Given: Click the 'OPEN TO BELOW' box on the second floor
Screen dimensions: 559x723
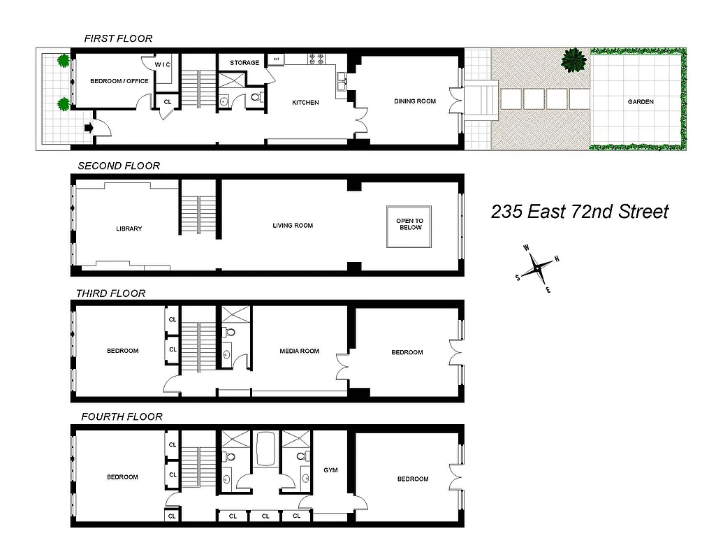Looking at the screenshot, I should coord(410,224).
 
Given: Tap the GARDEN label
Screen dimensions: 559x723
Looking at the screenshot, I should coord(640,102).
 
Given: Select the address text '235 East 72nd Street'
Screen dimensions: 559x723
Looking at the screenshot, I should coord(579,212).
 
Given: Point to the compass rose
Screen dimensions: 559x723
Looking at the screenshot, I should coord(537,267).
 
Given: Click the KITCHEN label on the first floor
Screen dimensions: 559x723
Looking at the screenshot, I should coord(305,103).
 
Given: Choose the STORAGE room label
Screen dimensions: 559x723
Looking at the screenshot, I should coord(244,63).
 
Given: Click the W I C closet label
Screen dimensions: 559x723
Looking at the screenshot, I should coord(163,65).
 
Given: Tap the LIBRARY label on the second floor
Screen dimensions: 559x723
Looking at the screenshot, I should coord(129,228).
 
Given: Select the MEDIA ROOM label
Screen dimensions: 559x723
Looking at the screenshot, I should coord(299,351).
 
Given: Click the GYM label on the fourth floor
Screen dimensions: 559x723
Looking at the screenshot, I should coord(330,470).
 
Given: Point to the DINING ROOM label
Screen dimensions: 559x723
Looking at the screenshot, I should coord(415,101).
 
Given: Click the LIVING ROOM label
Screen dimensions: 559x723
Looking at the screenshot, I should coord(293,226).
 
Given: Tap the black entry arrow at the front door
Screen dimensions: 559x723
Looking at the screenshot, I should coord(89,128).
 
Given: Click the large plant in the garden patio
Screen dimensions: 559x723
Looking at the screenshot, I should coord(574,60).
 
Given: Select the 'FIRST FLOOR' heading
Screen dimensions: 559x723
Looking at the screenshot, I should coord(118,38).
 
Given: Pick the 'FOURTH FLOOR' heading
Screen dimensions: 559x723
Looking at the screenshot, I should coord(122,416).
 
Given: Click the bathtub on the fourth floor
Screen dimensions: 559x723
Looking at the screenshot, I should coord(266,449).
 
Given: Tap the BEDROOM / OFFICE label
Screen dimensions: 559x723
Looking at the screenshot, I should coord(119,81).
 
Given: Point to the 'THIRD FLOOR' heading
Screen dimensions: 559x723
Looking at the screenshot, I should coord(112,293).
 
